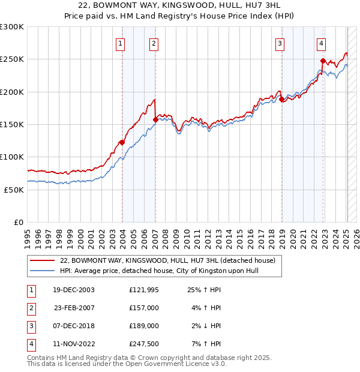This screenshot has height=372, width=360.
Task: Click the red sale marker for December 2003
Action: click(122, 142)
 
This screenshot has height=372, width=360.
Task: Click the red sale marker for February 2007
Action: click(155, 119)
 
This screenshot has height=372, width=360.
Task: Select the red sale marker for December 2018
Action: click(281, 99)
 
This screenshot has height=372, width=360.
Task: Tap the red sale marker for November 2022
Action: click(323, 61)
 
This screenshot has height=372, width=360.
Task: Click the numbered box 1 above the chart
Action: click(121, 43)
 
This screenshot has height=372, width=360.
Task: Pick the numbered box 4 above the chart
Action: click(322, 43)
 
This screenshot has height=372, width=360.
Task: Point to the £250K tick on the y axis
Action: click(13, 59)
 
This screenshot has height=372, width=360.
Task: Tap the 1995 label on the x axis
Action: click(28, 235)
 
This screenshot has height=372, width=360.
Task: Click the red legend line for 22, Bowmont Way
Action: click(43, 261)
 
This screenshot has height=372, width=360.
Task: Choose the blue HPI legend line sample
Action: click(43, 271)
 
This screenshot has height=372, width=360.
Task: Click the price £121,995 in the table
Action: click(143, 290)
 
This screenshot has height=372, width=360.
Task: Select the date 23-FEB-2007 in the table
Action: click(74, 308)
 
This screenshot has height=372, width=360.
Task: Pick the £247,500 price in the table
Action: click(143, 344)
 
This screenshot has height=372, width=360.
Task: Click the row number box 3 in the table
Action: click(31, 326)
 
